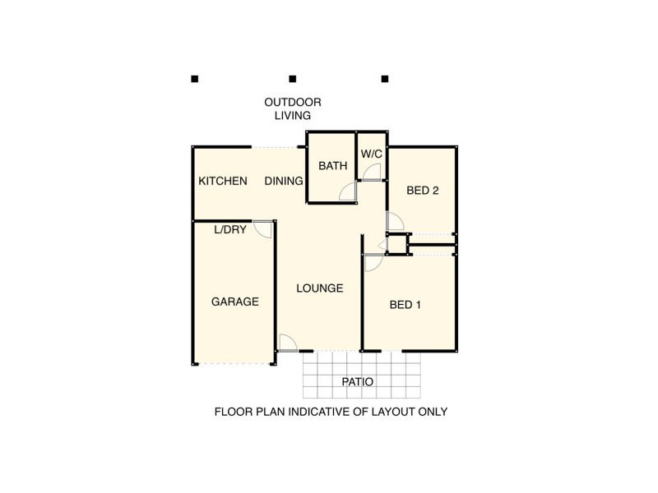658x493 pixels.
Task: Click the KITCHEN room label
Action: (x=223, y=181)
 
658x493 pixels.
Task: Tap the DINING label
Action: (x=284, y=181)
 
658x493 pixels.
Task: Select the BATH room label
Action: (x=333, y=166)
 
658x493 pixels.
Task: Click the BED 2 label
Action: (x=423, y=191)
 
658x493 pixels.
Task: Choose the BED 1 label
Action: (x=405, y=305)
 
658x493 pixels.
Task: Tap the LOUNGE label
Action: (x=319, y=288)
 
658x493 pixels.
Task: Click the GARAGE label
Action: (x=235, y=302)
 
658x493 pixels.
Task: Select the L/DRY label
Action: (x=230, y=230)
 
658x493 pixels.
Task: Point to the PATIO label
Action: (x=358, y=382)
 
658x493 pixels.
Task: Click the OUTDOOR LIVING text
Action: (x=292, y=108)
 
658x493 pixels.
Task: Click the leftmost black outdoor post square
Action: (x=195, y=79)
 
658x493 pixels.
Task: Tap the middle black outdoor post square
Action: (x=292, y=79)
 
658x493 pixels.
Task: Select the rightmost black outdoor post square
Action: (x=384, y=79)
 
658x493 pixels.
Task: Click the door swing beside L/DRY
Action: (x=264, y=228)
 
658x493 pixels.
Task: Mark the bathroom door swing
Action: (x=350, y=193)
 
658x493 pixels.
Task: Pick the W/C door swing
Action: (x=372, y=171)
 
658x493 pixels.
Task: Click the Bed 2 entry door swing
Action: (x=393, y=221)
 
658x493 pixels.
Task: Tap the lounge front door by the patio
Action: (x=288, y=343)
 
